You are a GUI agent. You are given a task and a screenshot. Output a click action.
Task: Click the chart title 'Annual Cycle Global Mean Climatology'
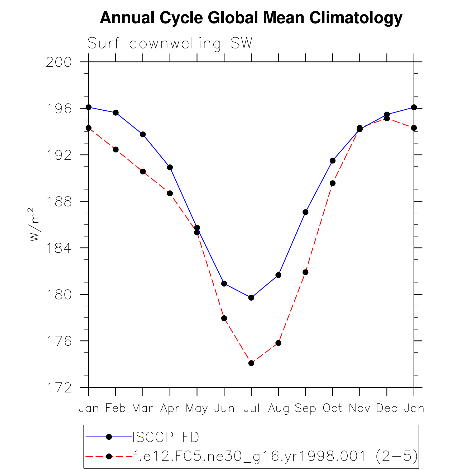point(251,18)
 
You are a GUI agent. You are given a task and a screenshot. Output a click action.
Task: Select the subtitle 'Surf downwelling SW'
point(170,43)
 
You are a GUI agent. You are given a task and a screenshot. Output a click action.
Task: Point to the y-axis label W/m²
point(34,224)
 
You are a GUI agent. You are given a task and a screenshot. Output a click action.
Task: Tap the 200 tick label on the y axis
point(59,62)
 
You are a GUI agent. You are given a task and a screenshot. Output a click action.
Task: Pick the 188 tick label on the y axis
point(59,202)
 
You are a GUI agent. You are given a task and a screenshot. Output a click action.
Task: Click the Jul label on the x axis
point(251,408)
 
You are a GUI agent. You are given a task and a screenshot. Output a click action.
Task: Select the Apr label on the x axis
point(170,408)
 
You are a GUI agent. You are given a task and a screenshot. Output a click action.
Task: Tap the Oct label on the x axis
point(332,408)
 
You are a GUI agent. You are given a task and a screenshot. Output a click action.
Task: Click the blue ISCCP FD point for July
point(251,298)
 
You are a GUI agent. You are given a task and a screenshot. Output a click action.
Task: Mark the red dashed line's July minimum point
point(251,363)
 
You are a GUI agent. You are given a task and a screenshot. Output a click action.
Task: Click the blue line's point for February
point(116,113)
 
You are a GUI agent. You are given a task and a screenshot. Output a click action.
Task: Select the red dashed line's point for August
point(278,343)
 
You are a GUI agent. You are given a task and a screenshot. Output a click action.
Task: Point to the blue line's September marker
point(305,212)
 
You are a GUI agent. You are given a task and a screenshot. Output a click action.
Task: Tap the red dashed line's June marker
point(224,318)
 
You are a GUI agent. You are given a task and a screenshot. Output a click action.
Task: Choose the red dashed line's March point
point(143,172)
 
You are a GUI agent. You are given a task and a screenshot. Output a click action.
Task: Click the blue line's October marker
point(333,161)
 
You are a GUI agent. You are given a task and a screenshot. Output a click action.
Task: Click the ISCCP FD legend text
point(166,437)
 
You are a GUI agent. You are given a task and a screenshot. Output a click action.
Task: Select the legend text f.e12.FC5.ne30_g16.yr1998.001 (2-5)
point(275,456)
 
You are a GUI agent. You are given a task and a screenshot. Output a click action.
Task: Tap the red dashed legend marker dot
point(109,456)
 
